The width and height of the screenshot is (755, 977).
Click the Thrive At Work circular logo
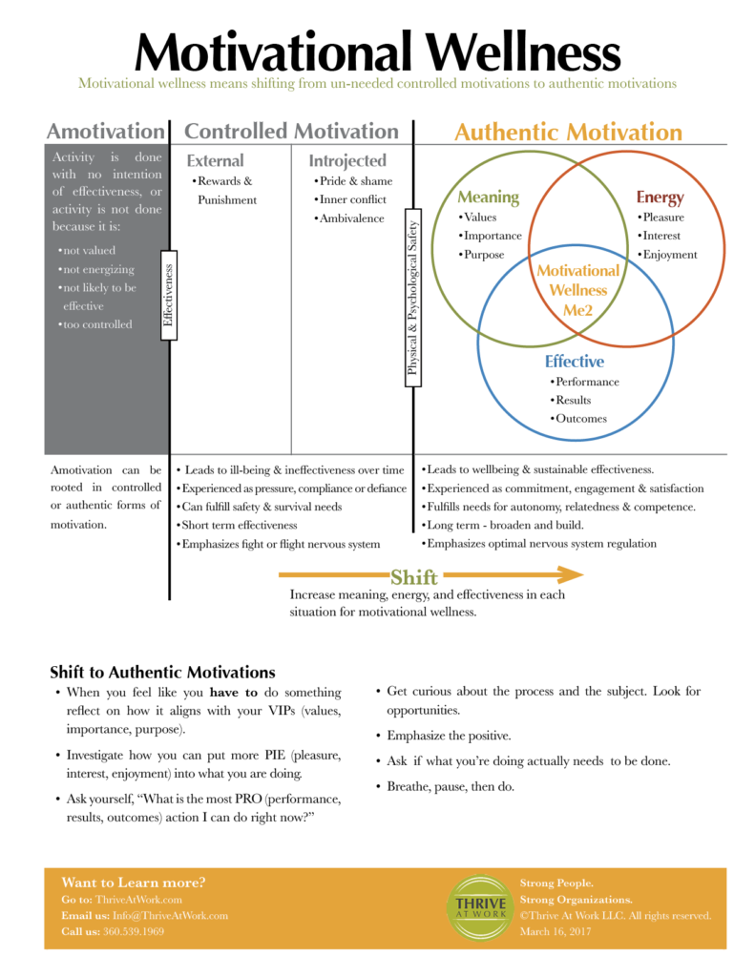click(x=480, y=907)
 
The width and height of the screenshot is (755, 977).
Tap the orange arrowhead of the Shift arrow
click(x=571, y=574)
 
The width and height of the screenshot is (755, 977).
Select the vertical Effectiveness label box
click(x=168, y=296)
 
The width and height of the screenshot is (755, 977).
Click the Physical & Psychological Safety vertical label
click(x=412, y=298)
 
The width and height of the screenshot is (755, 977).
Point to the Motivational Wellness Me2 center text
click(x=577, y=290)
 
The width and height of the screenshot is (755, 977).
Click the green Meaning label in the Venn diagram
click(x=488, y=197)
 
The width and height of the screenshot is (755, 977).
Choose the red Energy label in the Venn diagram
click(x=660, y=197)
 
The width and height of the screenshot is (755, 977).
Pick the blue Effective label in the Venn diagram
click(x=575, y=362)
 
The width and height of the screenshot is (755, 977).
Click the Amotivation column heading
click(x=106, y=131)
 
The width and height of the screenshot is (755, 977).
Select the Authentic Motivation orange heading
click(x=568, y=132)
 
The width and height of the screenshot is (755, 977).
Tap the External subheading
click(x=215, y=160)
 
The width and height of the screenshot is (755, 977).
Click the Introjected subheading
click(x=347, y=160)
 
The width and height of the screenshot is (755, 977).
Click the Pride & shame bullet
click(x=353, y=180)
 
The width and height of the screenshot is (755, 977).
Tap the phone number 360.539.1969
click(x=134, y=931)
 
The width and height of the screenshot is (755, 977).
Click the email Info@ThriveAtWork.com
click(x=170, y=916)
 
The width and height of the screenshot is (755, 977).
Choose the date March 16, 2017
click(x=556, y=931)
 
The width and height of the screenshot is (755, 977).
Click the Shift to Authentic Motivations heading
click(x=162, y=673)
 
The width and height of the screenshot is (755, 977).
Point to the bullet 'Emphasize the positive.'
click(x=443, y=736)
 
